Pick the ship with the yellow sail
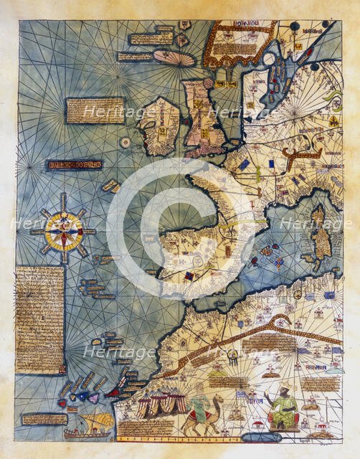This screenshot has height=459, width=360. coord(95,425)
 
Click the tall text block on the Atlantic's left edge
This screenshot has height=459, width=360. coord(39,319)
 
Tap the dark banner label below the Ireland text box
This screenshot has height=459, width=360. coord(75,165)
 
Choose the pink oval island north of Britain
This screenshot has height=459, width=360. coord(174,58)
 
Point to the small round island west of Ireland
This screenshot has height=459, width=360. coord(126,142)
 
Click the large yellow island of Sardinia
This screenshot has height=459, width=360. coord(322,237)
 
